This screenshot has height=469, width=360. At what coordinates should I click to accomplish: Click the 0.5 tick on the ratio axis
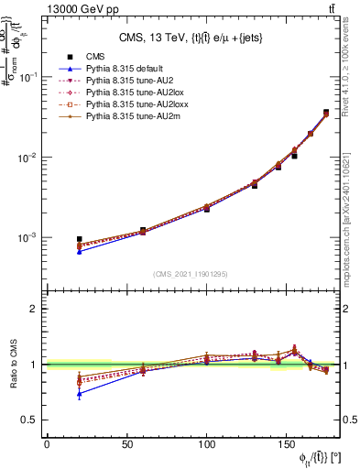(x=30, y=420)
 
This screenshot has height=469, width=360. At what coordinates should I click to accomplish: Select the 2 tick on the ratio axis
(x=35, y=309)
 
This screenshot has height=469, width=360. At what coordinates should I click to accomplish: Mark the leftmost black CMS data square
(x=79, y=239)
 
